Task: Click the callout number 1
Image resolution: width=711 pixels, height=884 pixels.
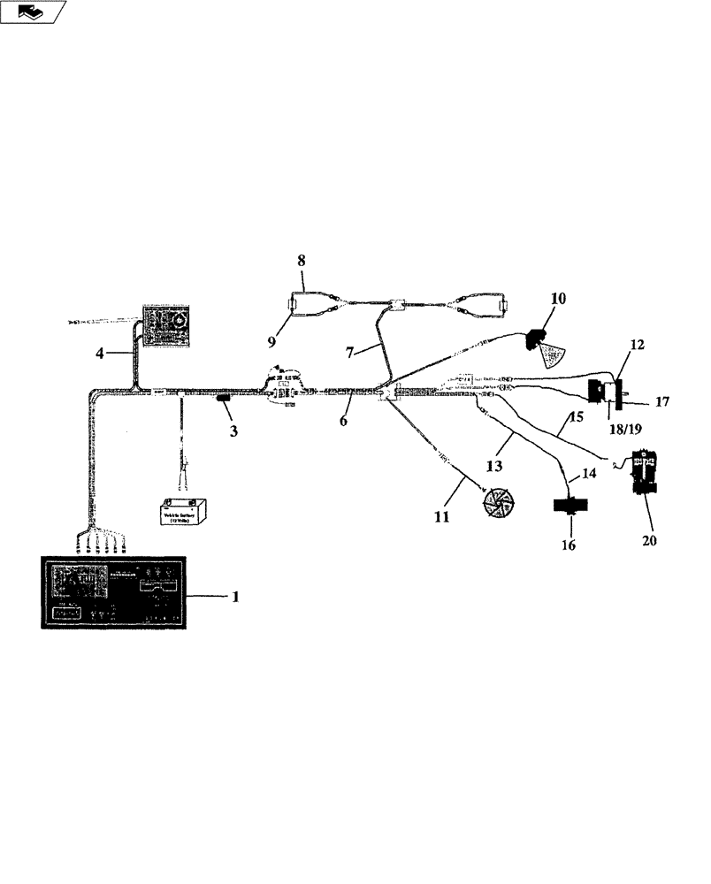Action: click(x=235, y=597)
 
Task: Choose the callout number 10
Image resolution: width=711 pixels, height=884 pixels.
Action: click(x=559, y=299)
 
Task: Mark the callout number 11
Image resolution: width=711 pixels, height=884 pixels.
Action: click(x=442, y=517)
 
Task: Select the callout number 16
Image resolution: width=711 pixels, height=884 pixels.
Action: click(x=568, y=545)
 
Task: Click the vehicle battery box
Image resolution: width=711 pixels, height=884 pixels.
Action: click(x=184, y=514)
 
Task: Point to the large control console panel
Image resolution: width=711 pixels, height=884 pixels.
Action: click(x=113, y=592)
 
